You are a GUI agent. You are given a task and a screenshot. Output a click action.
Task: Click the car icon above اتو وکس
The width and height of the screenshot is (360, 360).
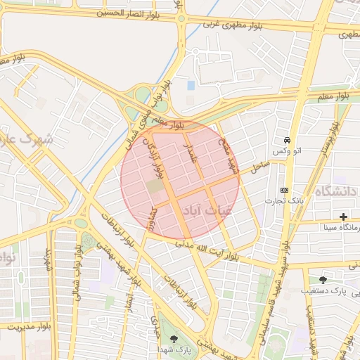click(x=287, y=139)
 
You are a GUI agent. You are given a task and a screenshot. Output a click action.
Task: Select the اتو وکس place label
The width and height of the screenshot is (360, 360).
click(x=287, y=151)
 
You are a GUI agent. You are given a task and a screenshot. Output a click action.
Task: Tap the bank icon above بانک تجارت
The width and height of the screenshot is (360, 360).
click(x=284, y=190)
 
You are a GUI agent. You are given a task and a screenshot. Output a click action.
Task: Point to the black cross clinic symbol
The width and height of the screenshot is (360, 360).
click(x=343, y=217)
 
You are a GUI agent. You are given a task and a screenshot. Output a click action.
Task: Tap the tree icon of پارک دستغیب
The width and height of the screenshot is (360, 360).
click(x=323, y=279)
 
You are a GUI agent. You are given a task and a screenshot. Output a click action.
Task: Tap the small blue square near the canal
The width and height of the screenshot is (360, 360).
click(x=191, y=86)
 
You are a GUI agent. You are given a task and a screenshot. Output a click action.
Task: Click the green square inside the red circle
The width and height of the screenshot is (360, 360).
click(x=154, y=186)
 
